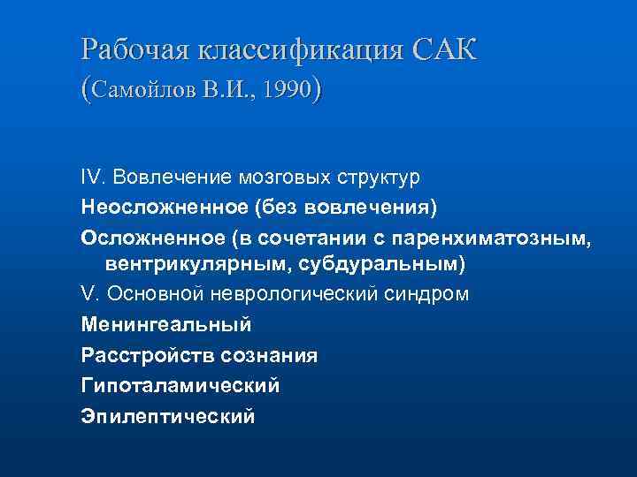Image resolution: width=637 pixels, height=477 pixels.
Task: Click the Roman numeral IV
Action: (92, 177)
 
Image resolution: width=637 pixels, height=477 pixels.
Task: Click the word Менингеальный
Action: (166, 324)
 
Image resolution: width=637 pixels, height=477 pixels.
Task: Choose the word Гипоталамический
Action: (180, 384)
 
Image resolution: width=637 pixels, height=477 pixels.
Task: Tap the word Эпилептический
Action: (168, 414)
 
